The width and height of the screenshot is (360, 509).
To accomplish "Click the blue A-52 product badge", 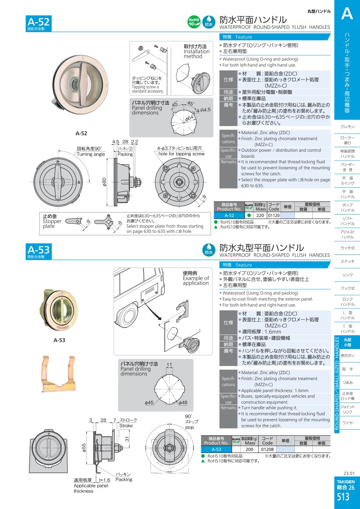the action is point(39,23).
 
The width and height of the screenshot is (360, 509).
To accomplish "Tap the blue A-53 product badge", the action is point(39,251).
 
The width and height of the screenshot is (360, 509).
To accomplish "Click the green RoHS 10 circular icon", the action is point(194,22).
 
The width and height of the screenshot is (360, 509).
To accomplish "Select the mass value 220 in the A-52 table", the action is point(260,215).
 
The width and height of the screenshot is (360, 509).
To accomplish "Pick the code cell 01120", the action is point(274,215).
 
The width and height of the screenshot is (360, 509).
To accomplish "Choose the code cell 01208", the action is point(267,449).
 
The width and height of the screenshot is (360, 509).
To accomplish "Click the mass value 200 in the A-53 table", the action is point(249,449).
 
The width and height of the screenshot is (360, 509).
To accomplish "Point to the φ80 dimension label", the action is point(104,182).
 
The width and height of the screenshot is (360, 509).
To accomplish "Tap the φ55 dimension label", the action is point(84,448).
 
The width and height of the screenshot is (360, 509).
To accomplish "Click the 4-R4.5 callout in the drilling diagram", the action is point(204,110).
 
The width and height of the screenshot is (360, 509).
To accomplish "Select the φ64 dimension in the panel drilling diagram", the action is point(189,118).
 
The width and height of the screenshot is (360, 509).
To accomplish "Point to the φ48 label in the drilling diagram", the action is point(183,403).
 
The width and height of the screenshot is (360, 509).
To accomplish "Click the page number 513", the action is point(343,497).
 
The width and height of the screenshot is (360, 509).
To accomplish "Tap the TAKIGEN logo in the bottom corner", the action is point(346,481).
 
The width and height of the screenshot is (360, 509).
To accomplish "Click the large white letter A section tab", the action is point(347,14).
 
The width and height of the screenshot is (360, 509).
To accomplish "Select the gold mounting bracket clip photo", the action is point(58,374).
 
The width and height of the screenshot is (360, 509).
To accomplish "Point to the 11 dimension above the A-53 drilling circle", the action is point(169,365).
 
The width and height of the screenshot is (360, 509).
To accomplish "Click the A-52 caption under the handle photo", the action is point(81,133).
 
